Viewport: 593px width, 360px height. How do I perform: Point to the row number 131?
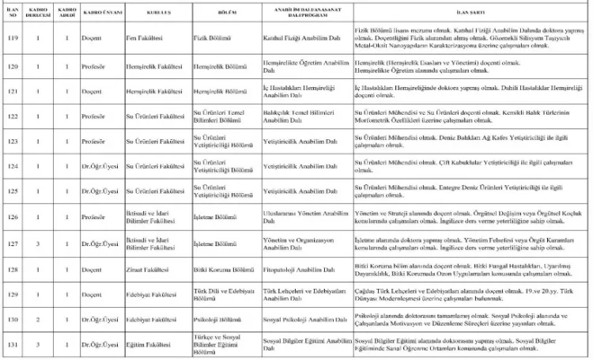[12, 345]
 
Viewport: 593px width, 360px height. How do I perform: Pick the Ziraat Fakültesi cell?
[149, 270]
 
